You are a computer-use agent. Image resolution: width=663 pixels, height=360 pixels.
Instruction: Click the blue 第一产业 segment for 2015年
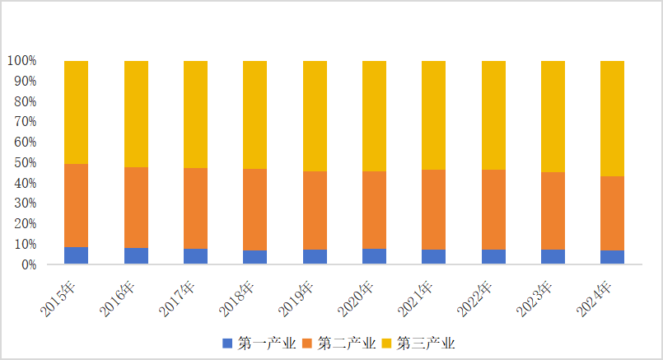click(77, 255)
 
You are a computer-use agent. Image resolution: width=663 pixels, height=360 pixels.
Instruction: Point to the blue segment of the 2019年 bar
click(315, 256)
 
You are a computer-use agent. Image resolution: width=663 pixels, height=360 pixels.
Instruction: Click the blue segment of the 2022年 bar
click(493, 256)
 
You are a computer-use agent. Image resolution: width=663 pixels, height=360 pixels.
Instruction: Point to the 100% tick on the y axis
click(21, 61)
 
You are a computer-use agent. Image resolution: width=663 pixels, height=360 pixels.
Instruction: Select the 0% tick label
click(28, 264)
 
